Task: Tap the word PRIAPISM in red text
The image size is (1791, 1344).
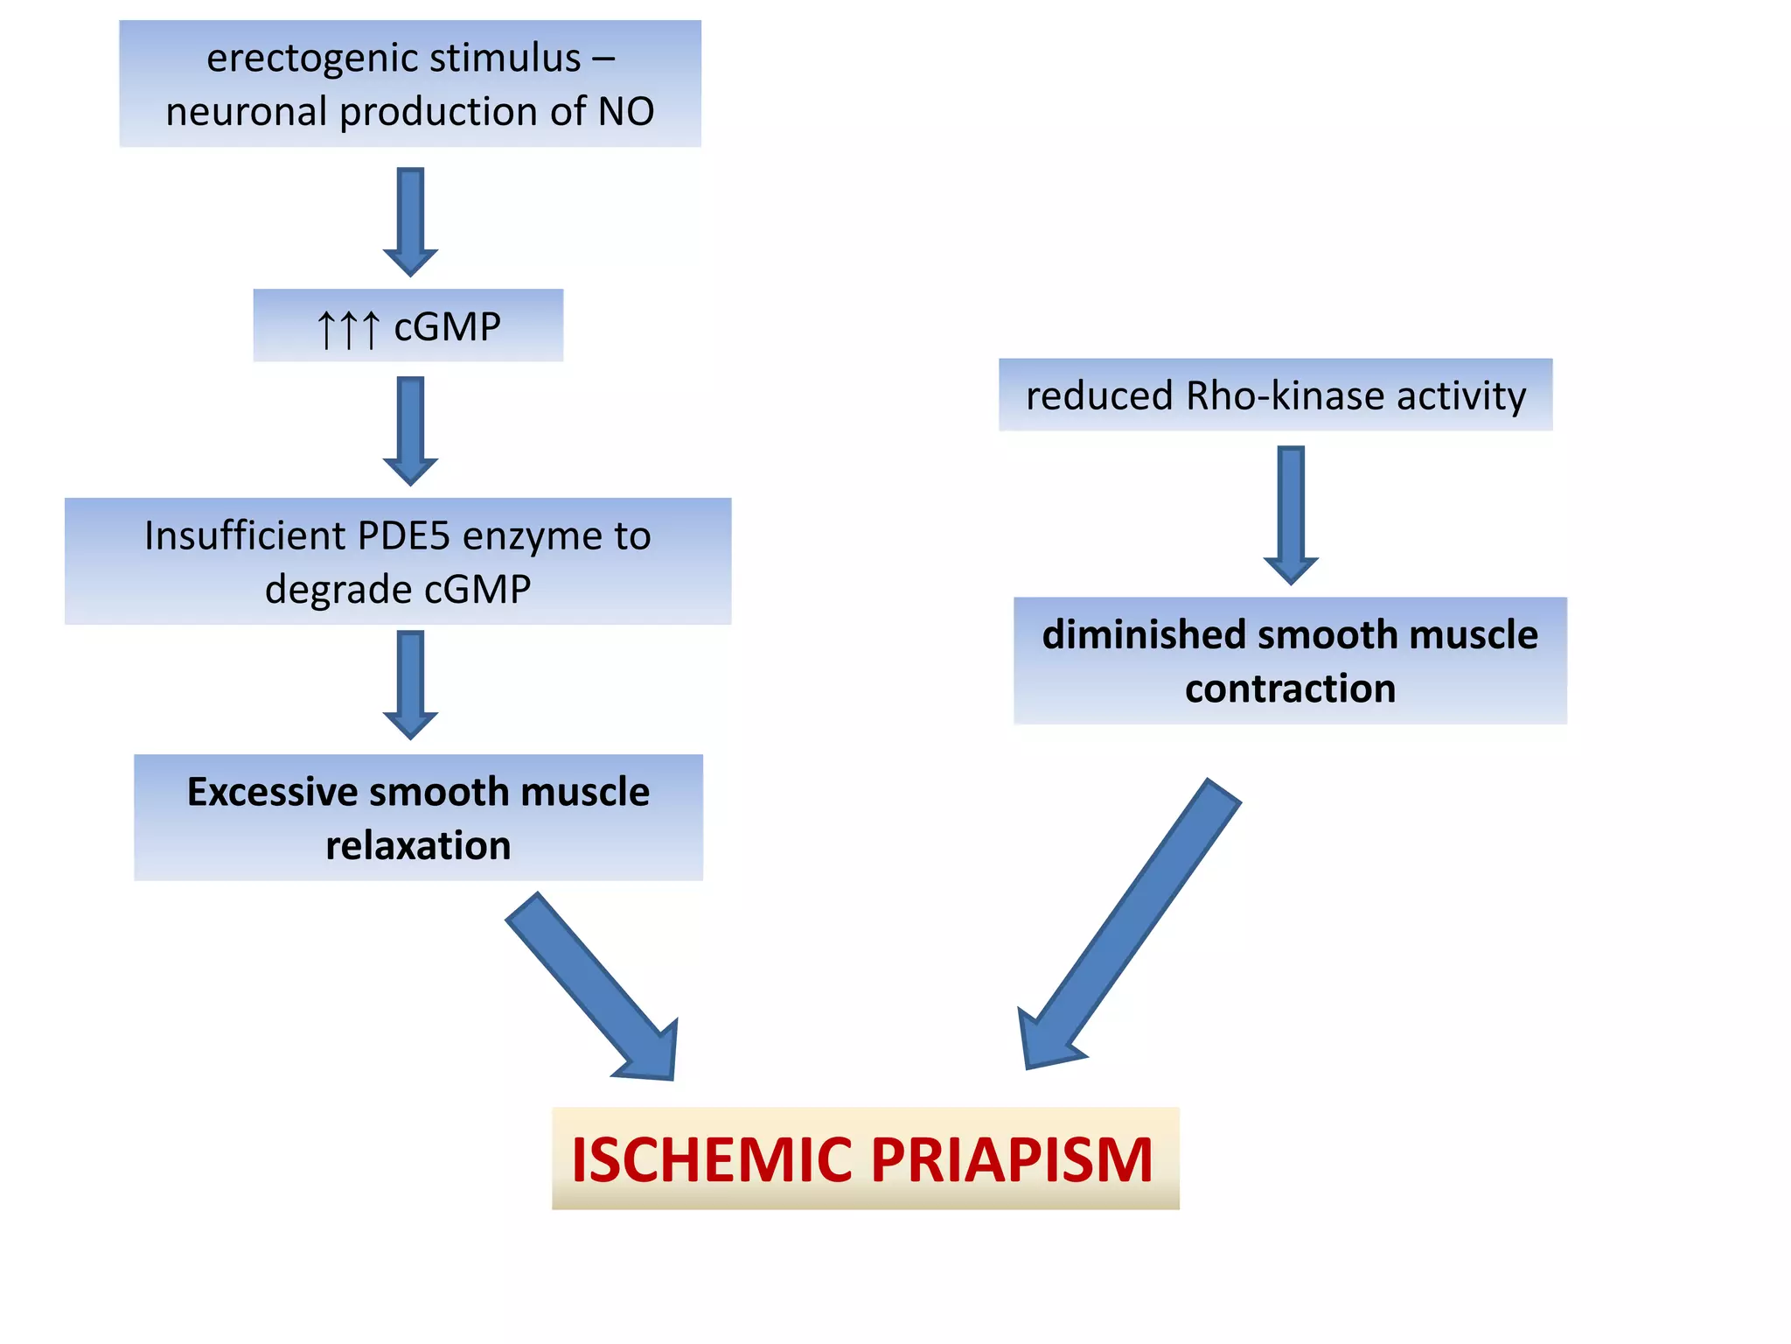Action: coord(1012,1160)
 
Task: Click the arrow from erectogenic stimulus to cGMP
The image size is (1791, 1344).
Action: coord(410,220)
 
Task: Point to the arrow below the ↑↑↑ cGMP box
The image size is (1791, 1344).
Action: coord(410,430)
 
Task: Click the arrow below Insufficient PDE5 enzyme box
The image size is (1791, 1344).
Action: coord(410,683)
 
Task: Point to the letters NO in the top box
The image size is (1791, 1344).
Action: coord(626,111)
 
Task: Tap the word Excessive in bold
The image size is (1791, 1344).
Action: coord(272,792)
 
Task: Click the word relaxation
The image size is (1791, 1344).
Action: coord(418,846)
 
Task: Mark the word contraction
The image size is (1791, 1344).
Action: coord(1290,689)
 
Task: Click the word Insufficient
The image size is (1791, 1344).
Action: coord(245,535)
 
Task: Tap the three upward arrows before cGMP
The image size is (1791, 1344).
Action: coord(348,329)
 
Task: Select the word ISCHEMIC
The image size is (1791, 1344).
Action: coord(712,1160)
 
